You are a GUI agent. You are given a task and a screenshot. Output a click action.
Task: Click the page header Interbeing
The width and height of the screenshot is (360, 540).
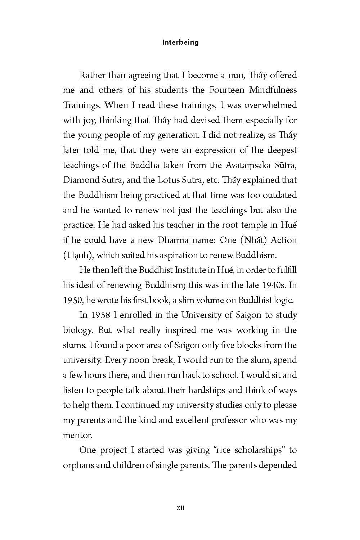[180, 42]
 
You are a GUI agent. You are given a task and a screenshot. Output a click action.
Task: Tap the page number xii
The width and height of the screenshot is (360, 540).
[180, 508]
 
